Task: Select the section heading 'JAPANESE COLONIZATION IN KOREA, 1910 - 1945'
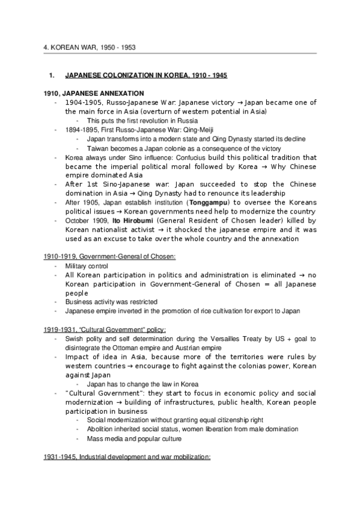146,76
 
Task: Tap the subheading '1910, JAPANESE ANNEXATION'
94,93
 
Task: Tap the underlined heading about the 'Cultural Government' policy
105,330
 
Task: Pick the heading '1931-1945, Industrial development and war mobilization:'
127,456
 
